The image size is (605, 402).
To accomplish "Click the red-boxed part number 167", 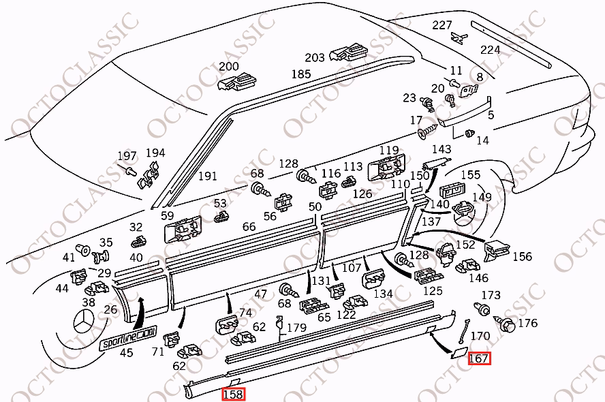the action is [479, 358].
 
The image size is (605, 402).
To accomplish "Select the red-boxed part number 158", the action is [234, 395].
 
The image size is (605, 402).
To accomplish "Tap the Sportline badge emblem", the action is [128, 335].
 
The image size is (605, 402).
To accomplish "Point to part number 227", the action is [441, 25].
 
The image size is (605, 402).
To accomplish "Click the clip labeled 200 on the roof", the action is [237, 82].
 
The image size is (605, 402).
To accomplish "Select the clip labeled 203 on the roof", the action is [348, 52].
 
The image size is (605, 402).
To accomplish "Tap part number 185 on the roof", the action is [301, 74].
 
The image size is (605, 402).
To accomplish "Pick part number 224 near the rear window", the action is [491, 50].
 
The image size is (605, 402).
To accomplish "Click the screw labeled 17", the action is [427, 131].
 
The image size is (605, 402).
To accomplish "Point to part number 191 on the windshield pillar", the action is [208, 176].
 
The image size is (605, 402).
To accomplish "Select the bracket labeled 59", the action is [183, 229].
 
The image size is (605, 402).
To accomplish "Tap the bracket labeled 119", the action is [386, 167].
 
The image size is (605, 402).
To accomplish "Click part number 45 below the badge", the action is [126, 353].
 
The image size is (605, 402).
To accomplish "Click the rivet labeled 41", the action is [82, 250].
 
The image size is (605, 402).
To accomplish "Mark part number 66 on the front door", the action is [249, 226].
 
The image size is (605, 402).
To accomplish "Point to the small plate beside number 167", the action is [459, 353].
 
